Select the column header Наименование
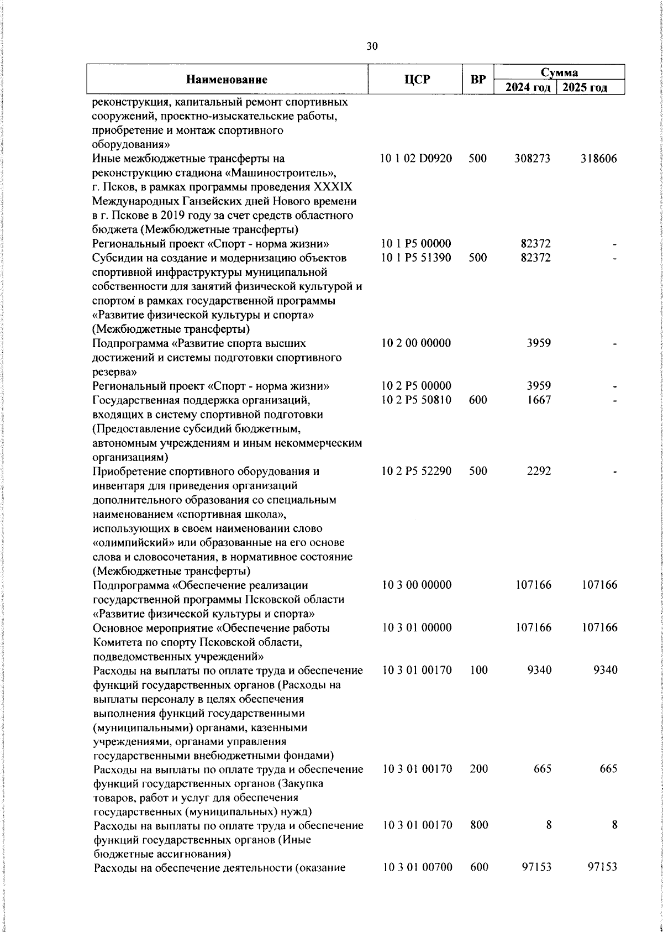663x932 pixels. [227, 80]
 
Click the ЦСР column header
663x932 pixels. [417, 80]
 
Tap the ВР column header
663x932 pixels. [477, 80]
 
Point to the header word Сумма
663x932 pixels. [559, 72]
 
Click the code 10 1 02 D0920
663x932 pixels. [417, 159]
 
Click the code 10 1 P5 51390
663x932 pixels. [417, 258]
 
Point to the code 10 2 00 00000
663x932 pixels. [417, 343]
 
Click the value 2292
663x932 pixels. [539, 471]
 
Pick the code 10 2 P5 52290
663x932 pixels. [417, 471]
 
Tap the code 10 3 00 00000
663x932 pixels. [417, 585]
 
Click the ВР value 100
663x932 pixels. [478, 670]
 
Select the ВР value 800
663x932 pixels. [478, 825]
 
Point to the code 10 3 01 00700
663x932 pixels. [417, 868]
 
